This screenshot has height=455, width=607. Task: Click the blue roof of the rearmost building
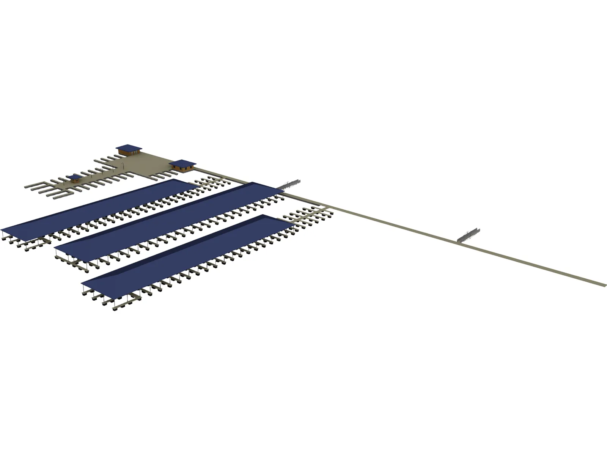coord(128,147)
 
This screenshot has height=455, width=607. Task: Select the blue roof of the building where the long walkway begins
coord(182,163)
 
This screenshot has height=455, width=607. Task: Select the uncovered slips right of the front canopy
coord(309,215)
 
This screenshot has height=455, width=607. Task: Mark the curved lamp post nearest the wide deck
coord(124,164)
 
